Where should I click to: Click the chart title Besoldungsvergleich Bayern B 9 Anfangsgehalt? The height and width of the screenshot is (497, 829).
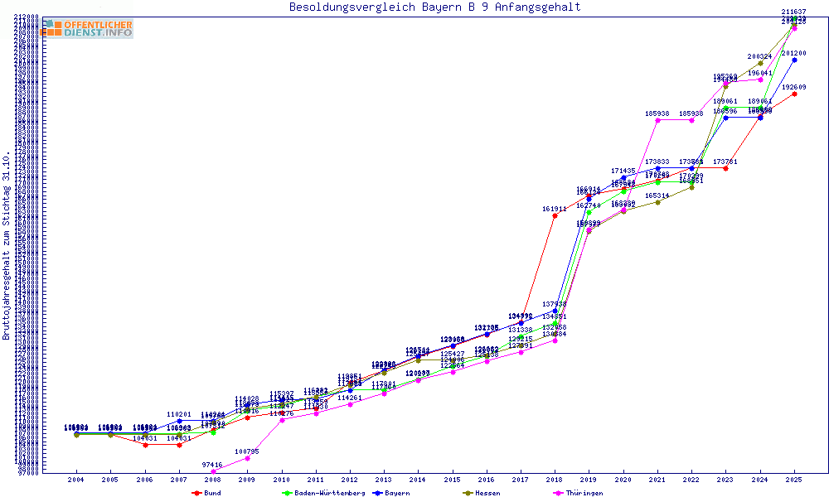pyautogui.click(x=434, y=7)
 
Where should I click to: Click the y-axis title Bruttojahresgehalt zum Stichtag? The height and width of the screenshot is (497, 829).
pyautogui.click(x=7, y=245)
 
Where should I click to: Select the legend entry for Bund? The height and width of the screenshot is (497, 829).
pyautogui.click(x=207, y=493)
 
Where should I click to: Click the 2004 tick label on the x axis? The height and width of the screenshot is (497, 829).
pyautogui.click(x=75, y=480)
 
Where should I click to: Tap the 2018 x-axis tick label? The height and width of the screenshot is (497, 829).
pyautogui.click(x=555, y=480)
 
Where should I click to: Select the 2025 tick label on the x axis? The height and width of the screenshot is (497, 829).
pyautogui.click(x=794, y=480)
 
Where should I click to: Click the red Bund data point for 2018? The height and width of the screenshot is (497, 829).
pyautogui.click(x=555, y=216)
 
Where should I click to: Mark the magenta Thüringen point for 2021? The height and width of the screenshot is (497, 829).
pyautogui.click(x=657, y=120)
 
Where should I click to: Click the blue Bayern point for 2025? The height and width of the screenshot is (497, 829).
pyautogui.click(x=794, y=60)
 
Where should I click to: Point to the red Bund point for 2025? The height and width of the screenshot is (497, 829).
pyautogui.click(x=794, y=94)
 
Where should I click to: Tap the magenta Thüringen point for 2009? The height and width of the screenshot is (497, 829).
pyautogui.click(x=247, y=458)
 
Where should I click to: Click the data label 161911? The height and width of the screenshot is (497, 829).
pyautogui.click(x=555, y=209)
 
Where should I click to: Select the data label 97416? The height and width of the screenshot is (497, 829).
pyautogui.click(x=213, y=465)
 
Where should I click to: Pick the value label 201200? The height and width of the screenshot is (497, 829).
pyautogui.click(x=794, y=53)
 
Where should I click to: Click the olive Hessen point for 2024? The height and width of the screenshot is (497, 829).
pyautogui.click(x=760, y=63)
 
